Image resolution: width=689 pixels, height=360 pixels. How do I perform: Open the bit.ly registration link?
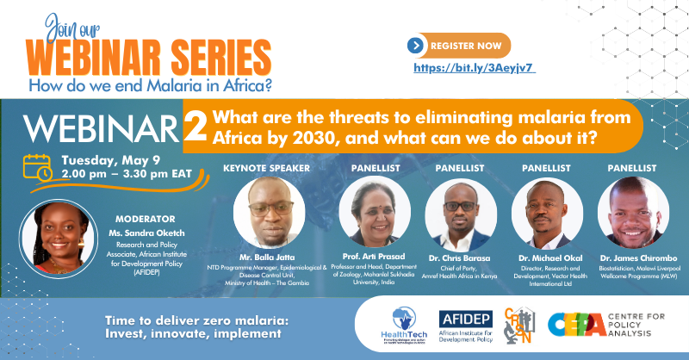[475, 67]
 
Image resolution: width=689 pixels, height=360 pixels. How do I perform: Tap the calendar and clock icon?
[37, 166]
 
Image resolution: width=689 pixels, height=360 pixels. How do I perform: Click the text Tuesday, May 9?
[107, 159]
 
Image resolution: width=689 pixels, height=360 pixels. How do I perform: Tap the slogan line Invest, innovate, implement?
[191, 332]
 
